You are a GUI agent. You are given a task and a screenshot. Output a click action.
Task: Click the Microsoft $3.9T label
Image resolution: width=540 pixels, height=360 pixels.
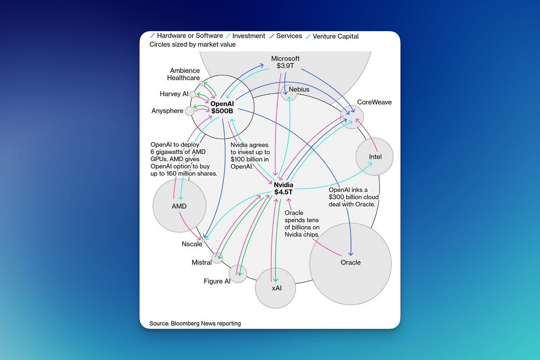coord(285,62)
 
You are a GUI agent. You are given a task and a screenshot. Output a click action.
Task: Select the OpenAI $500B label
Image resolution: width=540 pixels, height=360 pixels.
coord(222,107)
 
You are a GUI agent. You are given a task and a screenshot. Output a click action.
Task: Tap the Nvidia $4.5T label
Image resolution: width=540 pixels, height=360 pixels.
coord(283,188)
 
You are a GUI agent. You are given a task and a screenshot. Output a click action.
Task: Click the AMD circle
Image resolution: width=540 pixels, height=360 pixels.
coord(180,206)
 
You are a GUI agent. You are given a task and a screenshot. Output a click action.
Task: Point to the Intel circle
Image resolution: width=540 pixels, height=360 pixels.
coord(374,157)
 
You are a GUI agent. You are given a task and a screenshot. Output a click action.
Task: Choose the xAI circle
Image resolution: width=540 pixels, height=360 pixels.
coord(276,288)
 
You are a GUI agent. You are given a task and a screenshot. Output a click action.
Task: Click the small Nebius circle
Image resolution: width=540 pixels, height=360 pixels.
coord(289,93)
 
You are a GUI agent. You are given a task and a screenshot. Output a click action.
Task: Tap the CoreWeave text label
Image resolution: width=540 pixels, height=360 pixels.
coord(374,102)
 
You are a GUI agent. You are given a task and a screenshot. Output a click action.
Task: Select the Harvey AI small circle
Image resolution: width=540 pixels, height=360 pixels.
coord(193,94)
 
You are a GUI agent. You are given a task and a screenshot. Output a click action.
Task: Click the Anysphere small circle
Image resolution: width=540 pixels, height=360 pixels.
coord(190,111)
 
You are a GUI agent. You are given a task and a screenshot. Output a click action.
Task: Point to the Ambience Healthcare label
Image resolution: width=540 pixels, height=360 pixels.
coord(184,74)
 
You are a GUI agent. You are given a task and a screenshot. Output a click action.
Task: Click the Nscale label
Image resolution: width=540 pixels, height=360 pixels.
coord(192,244)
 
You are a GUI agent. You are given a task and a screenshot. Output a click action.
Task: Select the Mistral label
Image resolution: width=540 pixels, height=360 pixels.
coord(202,262)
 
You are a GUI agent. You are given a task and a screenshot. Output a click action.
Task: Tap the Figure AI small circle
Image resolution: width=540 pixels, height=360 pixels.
coord(238,274)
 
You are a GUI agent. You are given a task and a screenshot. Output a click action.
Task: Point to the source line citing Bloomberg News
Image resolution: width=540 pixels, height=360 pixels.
coord(195,323)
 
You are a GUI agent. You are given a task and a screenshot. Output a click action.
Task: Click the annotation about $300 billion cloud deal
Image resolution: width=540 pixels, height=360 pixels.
coord(353,197)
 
